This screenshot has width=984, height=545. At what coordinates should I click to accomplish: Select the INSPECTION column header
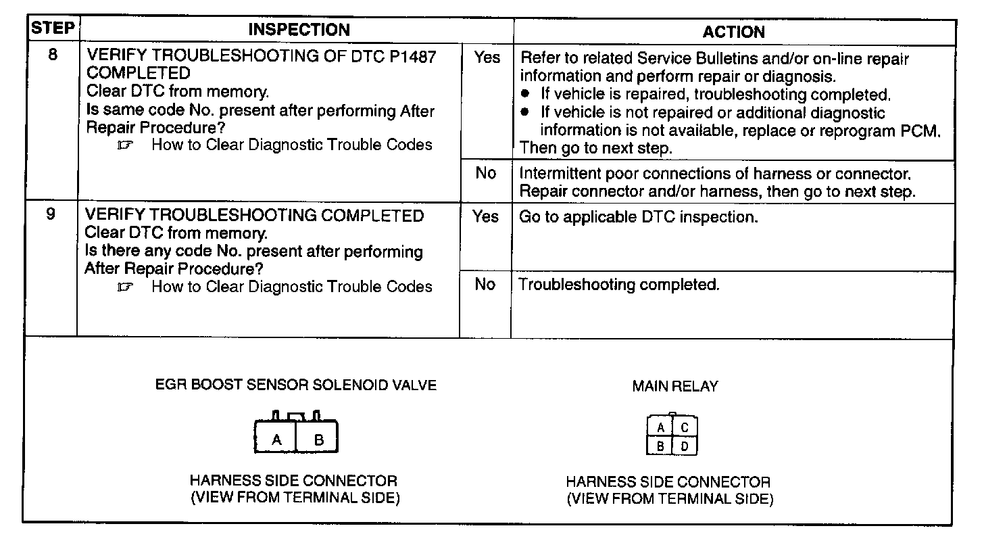click(x=299, y=30)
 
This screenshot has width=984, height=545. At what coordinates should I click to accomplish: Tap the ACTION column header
click(x=733, y=32)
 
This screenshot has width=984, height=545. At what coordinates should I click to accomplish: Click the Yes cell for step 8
click(x=486, y=57)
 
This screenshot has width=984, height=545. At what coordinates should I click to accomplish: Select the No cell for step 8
click(x=485, y=173)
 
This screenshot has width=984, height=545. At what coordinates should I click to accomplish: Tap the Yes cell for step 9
click(x=485, y=216)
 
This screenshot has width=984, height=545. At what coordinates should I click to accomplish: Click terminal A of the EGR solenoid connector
click(x=276, y=440)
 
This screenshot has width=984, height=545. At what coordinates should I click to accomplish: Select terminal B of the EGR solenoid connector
click(x=319, y=440)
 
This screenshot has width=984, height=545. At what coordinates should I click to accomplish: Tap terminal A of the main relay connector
click(x=661, y=427)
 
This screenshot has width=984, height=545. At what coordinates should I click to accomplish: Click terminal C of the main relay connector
click(x=685, y=427)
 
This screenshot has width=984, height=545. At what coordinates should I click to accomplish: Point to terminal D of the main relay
click(x=685, y=446)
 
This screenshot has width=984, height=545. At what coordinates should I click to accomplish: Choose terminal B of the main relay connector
click(x=661, y=446)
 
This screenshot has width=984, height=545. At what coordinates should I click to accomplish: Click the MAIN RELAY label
click(x=674, y=386)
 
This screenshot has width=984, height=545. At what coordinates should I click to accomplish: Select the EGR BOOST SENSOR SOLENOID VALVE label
click(x=295, y=385)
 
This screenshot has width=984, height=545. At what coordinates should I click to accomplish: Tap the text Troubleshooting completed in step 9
click(x=618, y=285)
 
